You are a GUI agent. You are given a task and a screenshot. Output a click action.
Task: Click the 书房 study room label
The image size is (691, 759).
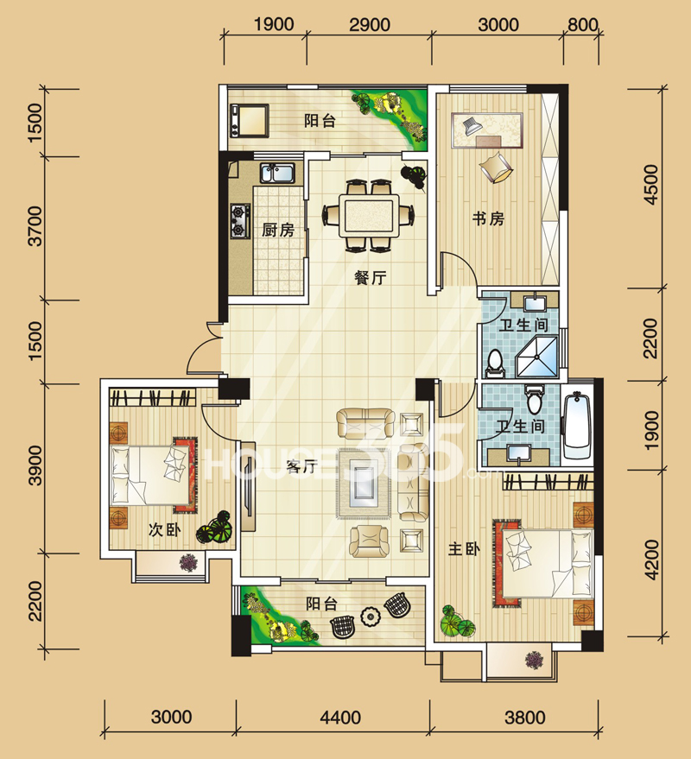point(488,218)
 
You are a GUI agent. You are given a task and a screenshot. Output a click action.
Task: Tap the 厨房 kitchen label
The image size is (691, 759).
point(278,230)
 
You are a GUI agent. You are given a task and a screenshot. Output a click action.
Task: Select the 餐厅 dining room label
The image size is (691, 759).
point(371,278)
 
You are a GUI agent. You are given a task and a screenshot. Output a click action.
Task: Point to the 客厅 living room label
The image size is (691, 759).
point(301,466)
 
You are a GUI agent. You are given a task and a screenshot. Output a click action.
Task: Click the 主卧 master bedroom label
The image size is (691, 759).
point(464,549)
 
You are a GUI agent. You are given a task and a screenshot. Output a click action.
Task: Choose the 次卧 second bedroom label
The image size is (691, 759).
point(165,530)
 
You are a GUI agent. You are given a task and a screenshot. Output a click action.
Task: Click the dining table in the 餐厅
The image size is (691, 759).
point(369,215)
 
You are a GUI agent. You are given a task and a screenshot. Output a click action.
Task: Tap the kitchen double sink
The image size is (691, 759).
point(277,174)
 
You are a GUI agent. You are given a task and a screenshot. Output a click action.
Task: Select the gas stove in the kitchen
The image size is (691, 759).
point(240,221)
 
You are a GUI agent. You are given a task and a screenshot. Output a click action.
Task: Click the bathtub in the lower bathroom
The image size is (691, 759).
point(577,427)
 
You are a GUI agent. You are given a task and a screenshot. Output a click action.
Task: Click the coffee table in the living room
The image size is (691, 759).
point(366,484)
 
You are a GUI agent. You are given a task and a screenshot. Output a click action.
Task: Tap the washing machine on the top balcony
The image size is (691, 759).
point(250,119)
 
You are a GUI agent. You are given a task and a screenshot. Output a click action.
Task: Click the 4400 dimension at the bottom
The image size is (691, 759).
point(340,717)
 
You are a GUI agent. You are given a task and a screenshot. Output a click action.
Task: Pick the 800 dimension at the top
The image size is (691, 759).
point(582,25)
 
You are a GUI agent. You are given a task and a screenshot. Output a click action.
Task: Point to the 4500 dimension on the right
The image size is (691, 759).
point(652,185)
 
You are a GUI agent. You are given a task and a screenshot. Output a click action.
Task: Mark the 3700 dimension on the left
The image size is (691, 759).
point(35,226)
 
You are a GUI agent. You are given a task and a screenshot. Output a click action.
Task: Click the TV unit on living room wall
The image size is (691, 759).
point(248,486)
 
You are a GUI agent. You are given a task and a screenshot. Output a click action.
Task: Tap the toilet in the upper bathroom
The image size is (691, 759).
point(494,363)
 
